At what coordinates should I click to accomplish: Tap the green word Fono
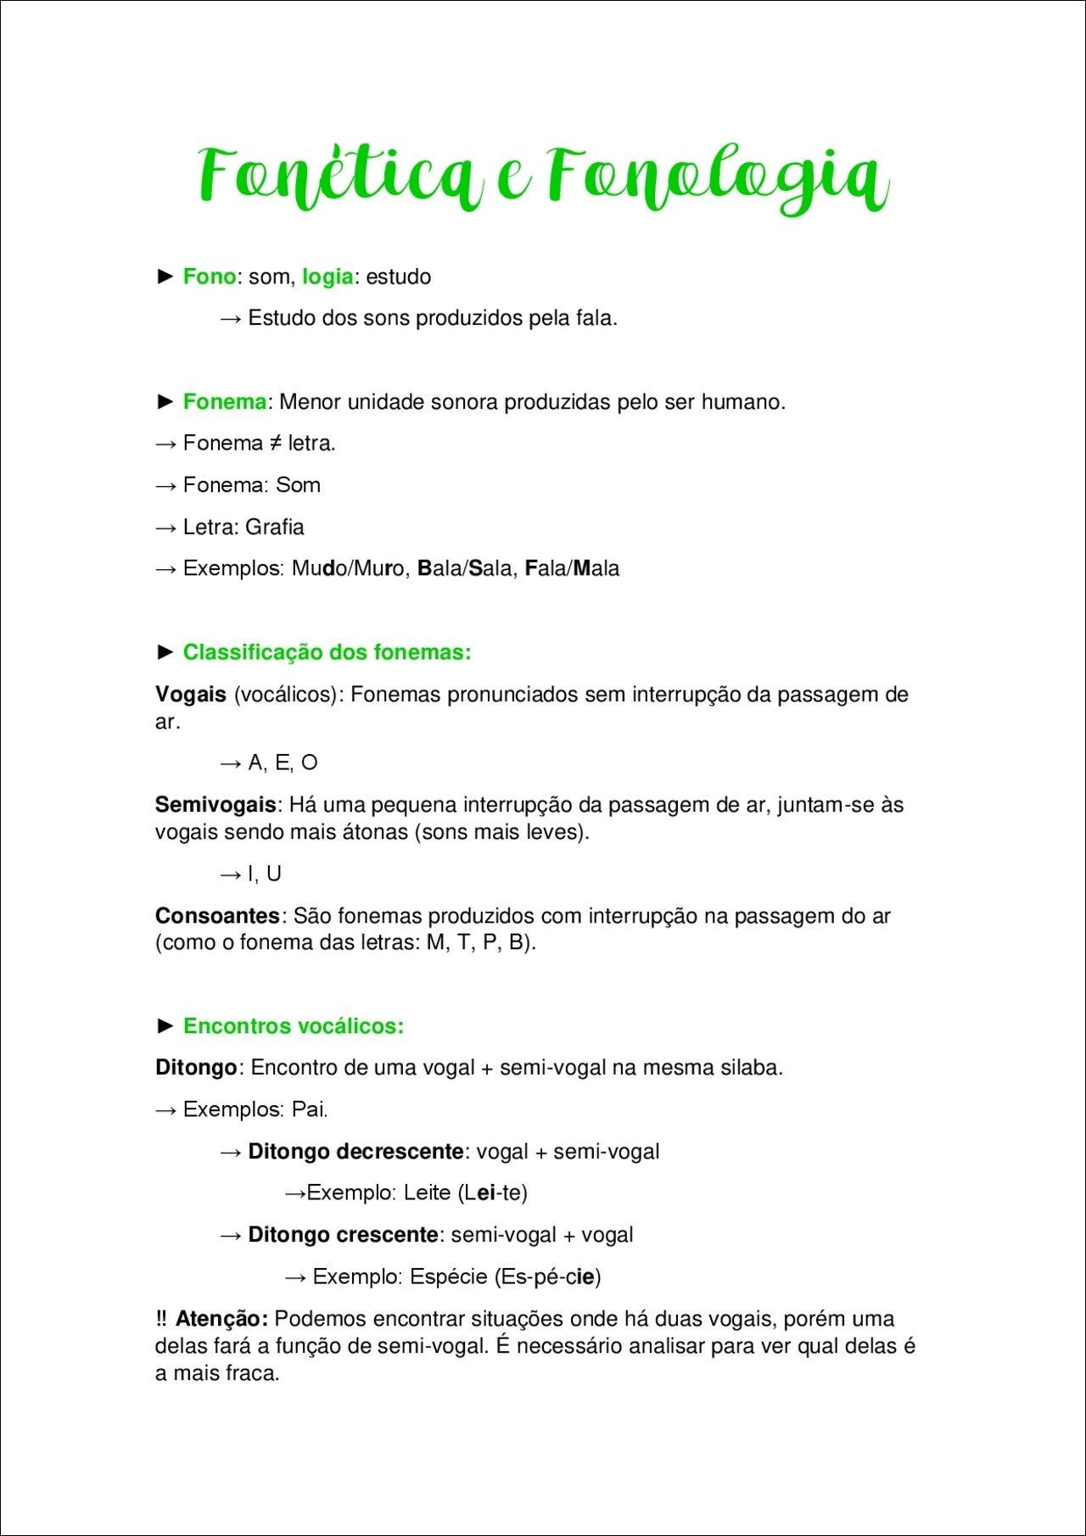pyautogui.click(x=209, y=276)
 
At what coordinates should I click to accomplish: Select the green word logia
pyautogui.click(x=327, y=276)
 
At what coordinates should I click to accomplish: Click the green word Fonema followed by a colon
pyautogui.click(x=224, y=401)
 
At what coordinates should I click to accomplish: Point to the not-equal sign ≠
pyautogui.click(x=276, y=443)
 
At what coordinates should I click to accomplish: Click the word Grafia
pyautogui.click(x=274, y=527)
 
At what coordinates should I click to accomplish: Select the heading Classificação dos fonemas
pyautogui.click(x=327, y=652)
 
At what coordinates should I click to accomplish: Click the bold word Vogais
pyautogui.click(x=190, y=695)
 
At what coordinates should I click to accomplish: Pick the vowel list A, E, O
pyautogui.click(x=283, y=762)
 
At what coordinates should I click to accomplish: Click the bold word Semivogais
pyautogui.click(x=216, y=804)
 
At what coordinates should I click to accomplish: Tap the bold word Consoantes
pyautogui.click(x=217, y=916)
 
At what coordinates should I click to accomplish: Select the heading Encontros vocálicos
pyautogui.click(x=293, y=1026)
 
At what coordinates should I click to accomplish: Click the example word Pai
pyautogui.click(x=309, y=1109)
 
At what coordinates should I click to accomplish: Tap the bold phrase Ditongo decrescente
pyautogui.click(x=355, y=1152)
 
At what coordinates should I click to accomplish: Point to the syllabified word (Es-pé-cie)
pyautogui.click(x=547, y=1276)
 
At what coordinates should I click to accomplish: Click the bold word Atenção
pyautogui.click(x=221, y=1319)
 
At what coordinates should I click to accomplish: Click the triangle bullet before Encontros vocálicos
pyautogui.click(x=165, y=1026)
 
